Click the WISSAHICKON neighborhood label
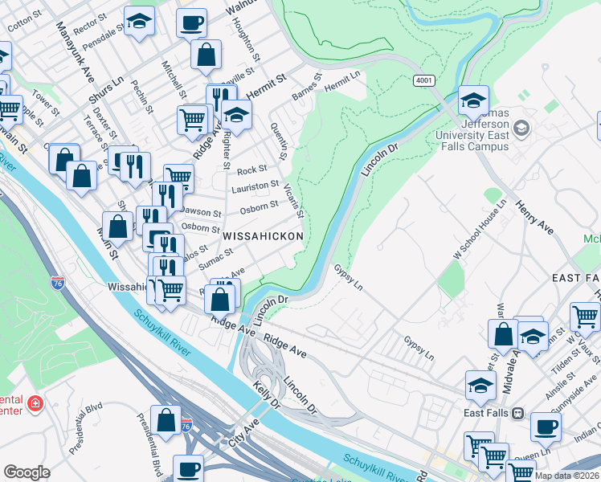pos(263,236)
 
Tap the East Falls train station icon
pos(517,413)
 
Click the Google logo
pos(27,472)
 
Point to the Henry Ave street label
pos(535,217)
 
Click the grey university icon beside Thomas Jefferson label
pos(521,128)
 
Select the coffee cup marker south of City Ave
pos(190,468)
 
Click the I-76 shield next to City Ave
pos(186,423)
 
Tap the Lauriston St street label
pos(255,186)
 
